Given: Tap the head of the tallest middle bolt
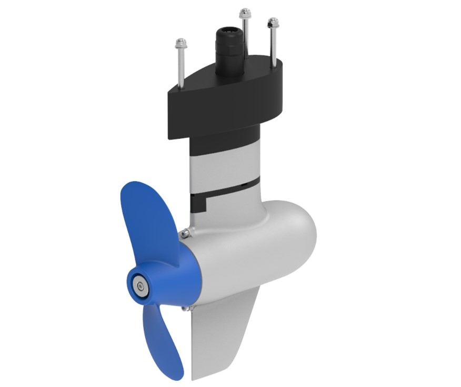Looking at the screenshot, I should click(x=244, y=13).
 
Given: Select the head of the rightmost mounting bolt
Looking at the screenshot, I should click(x=272, y=23).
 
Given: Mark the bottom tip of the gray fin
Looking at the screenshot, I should click(x=196, y=378).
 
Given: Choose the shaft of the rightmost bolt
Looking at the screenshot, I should click(x=273, y=45).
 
